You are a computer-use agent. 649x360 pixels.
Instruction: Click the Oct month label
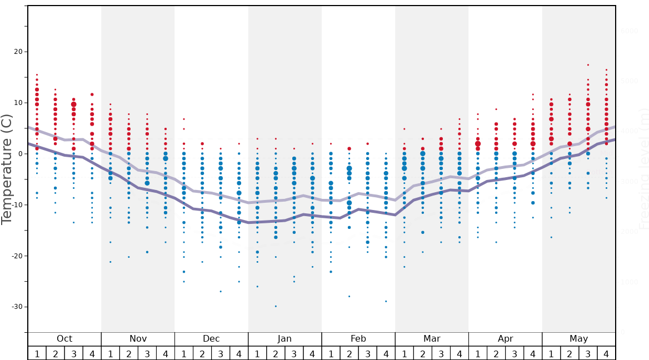point(64,339)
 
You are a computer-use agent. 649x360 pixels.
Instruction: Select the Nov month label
point(138,339)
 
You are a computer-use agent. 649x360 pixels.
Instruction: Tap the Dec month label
point(211,339)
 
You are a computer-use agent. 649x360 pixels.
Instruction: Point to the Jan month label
point(284,339)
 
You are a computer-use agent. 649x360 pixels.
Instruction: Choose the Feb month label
point(358,339)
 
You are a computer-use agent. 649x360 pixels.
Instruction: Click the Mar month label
point(432,339)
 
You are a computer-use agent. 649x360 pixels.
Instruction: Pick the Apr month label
point(505,339)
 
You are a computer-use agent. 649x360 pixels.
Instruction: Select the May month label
point(578,339)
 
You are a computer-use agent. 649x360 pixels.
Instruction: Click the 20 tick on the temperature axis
point(18,52)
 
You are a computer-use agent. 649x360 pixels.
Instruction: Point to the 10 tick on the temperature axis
point(18,103)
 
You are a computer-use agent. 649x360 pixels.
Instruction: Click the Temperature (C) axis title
point(7,169)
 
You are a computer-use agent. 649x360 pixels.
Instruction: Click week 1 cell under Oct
point(37,353)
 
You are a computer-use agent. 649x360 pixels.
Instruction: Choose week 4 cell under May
point(606,353)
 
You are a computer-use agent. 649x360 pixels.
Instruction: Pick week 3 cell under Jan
point(294,353)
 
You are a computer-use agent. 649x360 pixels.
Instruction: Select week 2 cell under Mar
point(422,353)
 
